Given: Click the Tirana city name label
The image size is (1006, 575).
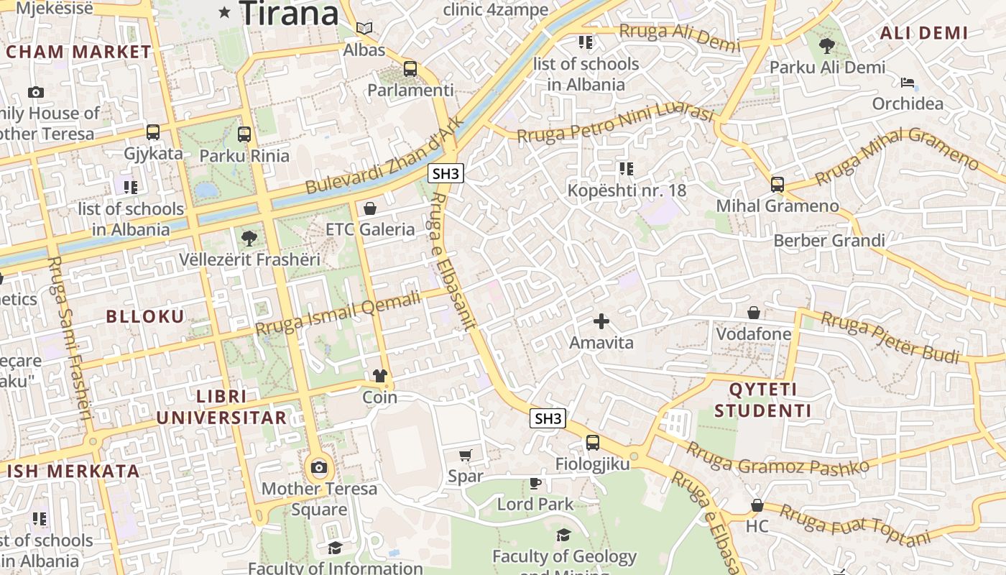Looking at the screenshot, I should point(289,13).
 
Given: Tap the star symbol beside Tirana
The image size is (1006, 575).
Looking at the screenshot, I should point(225,11).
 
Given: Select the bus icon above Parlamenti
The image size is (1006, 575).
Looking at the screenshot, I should point(410,69).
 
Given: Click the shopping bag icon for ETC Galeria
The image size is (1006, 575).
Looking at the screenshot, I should point(370,208).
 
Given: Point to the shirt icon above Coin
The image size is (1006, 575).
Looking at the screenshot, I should point(379,376).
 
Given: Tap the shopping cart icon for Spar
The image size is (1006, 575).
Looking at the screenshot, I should point(466,455).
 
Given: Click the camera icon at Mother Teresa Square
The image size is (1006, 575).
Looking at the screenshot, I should point(319,468).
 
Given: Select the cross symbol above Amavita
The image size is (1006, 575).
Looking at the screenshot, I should point(601,321).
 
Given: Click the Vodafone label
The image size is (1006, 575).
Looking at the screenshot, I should point(754,334).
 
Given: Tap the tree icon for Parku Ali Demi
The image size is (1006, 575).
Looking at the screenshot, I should point(827,46).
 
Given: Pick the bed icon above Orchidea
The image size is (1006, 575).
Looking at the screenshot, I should point(908,83).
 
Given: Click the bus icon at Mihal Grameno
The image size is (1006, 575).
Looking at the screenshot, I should point(777,185).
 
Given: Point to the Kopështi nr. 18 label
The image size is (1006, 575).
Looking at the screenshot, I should point(627,190).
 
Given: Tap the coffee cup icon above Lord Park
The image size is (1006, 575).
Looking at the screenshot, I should point(535,483).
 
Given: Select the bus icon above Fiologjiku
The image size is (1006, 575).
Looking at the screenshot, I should point(592,443).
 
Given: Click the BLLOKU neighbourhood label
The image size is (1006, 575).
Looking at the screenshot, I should point(145,316).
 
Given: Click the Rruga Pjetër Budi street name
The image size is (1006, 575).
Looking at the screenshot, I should point(890,336).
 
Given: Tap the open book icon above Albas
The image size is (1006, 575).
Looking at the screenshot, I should point(364,29).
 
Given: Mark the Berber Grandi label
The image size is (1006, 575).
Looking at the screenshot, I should point(829,240).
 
